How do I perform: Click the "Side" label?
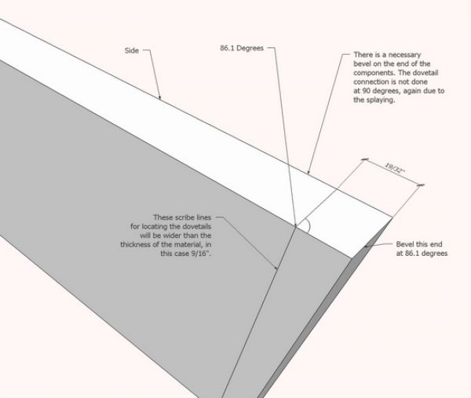pos(131,50)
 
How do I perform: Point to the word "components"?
pos(364,72)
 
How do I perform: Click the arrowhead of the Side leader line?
pos(160,100)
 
